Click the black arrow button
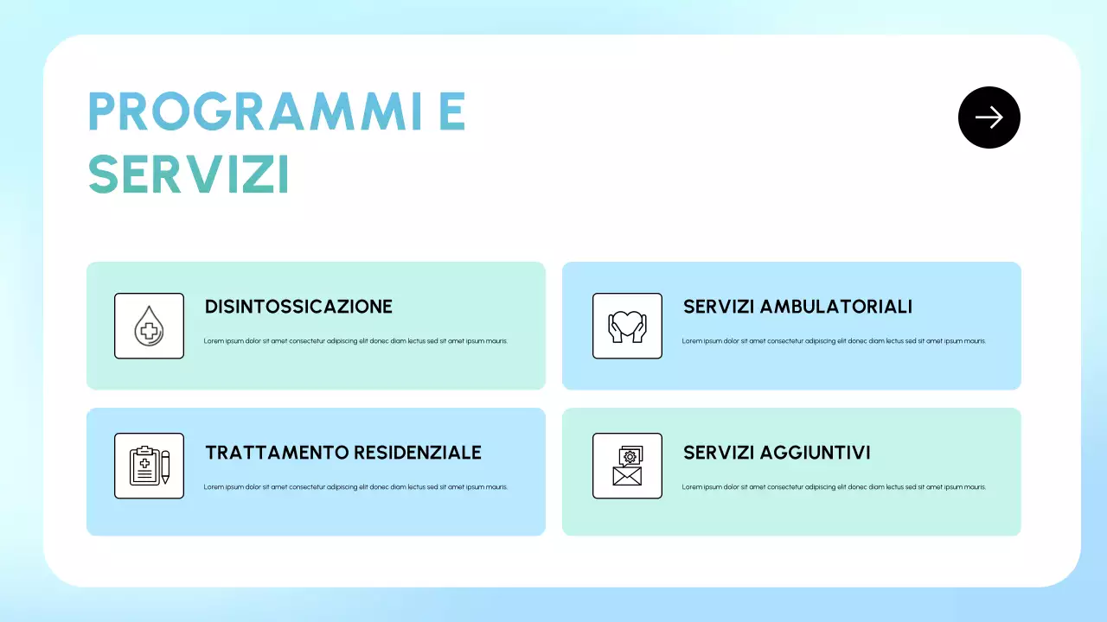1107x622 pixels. click(989, 117)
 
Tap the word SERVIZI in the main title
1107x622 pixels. click(189, 175)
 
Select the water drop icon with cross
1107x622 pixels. click(149, 327)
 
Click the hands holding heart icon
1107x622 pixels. click(627, 327)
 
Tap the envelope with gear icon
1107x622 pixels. click(627, 466)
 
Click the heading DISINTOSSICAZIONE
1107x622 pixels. click(298, 307)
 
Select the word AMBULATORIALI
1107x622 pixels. click(835, 307)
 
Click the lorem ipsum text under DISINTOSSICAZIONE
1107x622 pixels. click(355, 341)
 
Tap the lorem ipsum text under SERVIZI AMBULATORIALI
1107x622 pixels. click(834, 341)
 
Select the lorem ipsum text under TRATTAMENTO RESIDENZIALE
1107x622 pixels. click(355, 487)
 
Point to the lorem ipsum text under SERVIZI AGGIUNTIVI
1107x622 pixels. click(834, 487)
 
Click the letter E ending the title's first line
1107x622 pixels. click(451, 111)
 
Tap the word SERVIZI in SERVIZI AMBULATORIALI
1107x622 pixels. click(718, 307)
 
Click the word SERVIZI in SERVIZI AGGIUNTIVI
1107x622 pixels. click(718, 453)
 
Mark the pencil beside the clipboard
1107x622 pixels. click(165, 466)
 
